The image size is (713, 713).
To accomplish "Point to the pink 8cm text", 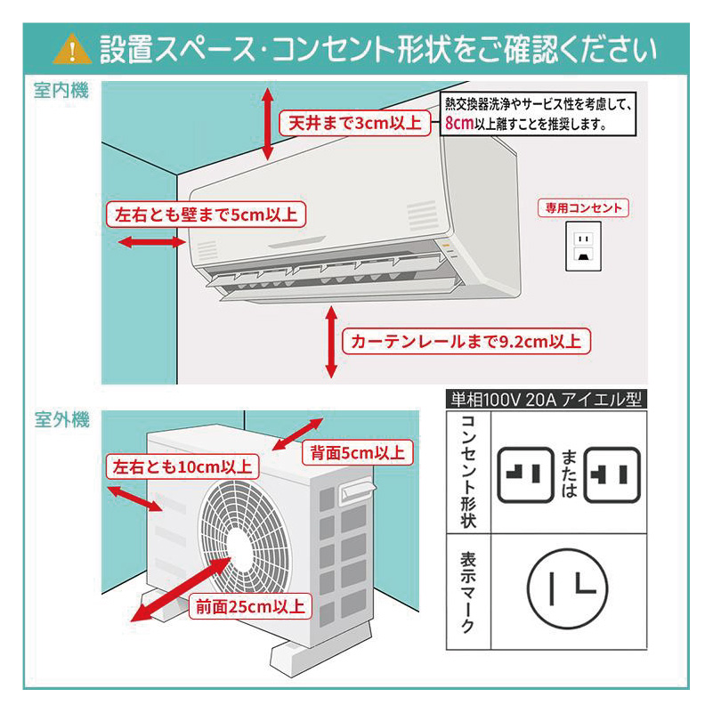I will coord(458,124).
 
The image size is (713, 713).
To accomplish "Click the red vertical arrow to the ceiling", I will coord(267,123).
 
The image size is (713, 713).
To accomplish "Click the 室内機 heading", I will coord(61,91).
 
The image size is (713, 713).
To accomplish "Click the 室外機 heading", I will coord(61,420).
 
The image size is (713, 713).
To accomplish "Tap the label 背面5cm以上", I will coord(356,452).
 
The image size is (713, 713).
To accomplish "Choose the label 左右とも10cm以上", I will coord(182,466).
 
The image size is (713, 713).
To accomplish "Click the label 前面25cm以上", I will coord(250,608).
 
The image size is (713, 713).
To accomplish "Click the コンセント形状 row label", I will coord(469,472).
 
